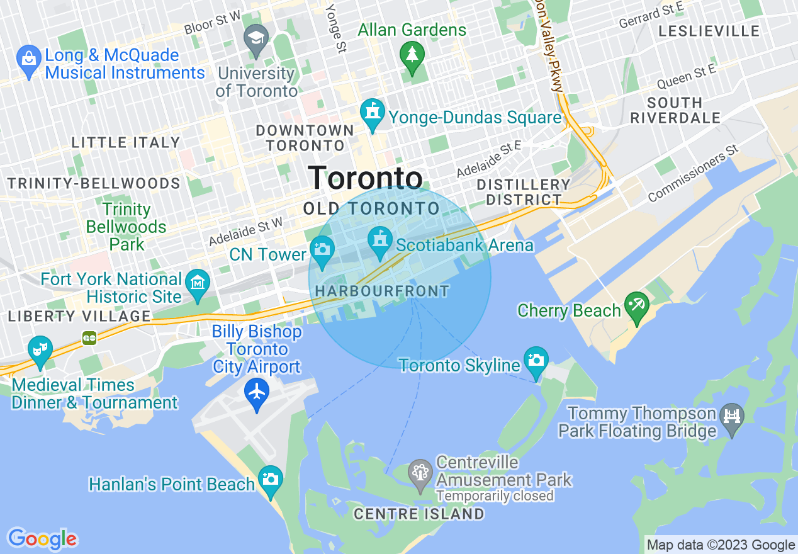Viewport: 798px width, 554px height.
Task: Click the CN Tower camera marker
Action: coord(322,247)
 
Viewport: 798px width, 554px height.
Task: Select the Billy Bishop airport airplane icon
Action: coord(257,392)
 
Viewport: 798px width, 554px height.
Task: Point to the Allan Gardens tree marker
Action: coord(412,55)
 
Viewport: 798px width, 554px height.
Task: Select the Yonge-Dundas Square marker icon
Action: coord(373,113)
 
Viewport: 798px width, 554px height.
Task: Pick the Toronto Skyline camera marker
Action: coord(536,360)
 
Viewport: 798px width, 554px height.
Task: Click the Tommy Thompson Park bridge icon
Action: coord(732,416)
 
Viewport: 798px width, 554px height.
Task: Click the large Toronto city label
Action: coord(365,178)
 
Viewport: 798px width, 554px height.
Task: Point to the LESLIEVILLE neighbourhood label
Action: coord(709,31)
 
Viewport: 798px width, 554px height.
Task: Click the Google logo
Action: coord(42,539)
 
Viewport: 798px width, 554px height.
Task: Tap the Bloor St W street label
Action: coord(212,24)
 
